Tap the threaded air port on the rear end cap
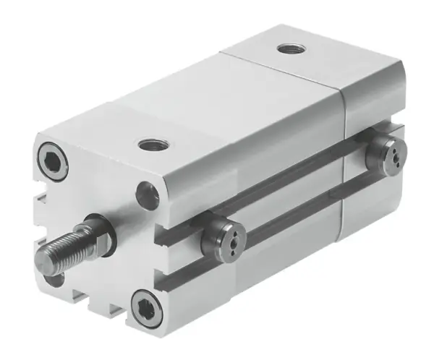pyautogui.click(x=290, y=50)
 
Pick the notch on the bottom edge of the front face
pyautogui.click(x=116, y=307)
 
